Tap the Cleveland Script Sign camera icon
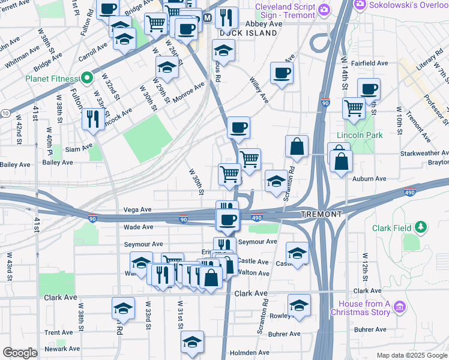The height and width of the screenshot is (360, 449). (324, 8)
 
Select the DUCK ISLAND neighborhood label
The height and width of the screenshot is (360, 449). (248, 33)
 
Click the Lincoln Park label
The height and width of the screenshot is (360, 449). (360, 136)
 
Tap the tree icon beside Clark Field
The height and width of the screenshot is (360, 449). (422, 227)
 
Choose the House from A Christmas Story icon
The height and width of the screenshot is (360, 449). (400, 308)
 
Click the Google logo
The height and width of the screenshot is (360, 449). (20, 353)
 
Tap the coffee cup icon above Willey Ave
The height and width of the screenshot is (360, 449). (280, 73)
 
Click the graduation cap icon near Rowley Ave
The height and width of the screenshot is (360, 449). (299, 305)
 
